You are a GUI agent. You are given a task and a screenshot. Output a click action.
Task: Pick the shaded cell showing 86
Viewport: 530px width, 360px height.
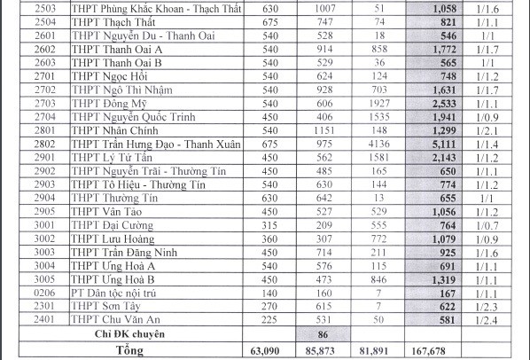(x=323, y=335)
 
